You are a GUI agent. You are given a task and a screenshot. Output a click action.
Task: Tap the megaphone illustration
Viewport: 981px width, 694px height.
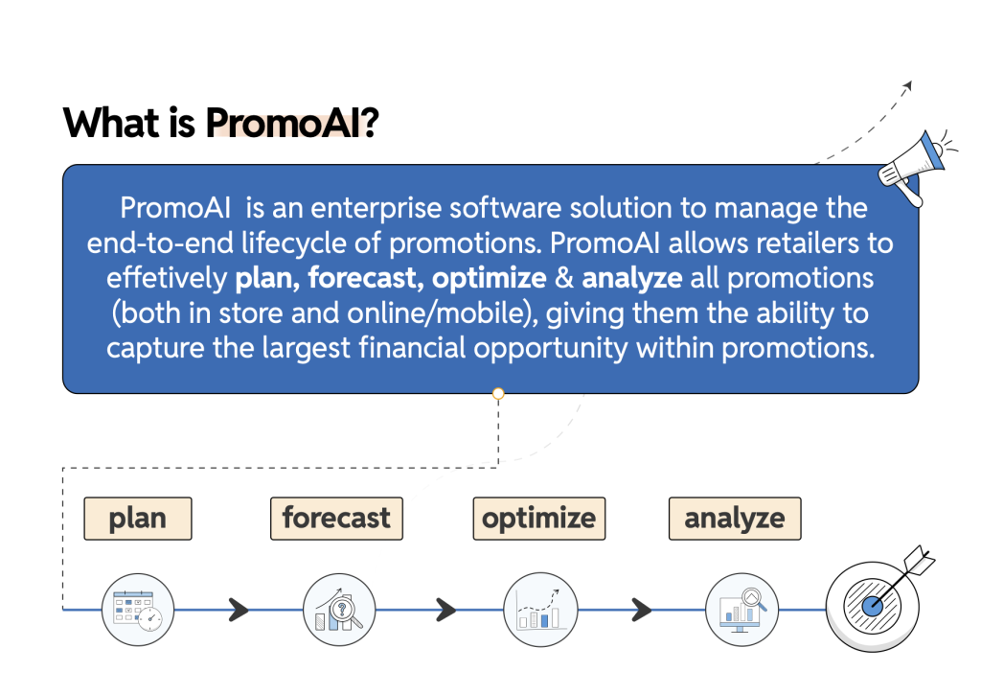916,166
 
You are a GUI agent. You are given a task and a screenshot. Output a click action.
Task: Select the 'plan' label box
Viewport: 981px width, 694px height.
138,519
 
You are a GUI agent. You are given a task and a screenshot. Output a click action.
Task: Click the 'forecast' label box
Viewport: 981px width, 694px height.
336,519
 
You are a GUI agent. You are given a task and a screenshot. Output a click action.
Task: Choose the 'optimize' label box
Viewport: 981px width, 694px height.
539,519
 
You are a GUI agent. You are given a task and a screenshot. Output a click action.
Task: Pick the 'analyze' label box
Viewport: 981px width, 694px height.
735,519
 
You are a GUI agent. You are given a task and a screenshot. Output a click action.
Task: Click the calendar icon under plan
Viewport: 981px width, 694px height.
138,610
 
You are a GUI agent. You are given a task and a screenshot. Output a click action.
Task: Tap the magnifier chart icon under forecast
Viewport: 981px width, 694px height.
339,610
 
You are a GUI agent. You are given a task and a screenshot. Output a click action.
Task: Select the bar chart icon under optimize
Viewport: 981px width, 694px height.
540,610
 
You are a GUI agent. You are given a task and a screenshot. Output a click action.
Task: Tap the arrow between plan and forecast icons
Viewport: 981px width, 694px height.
239,610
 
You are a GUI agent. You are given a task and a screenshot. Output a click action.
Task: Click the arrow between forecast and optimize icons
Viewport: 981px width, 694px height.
446,610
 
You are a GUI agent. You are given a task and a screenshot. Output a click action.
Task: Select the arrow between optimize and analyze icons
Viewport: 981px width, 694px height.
642,610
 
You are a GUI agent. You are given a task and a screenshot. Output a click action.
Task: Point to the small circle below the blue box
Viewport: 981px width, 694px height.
498,394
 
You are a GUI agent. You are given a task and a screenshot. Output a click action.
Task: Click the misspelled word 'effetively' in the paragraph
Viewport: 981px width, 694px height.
167,279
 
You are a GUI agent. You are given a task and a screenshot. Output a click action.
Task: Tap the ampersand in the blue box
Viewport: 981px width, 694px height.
564,279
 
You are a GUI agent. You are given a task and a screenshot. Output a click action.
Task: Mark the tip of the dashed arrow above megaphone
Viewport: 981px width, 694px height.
912,81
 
